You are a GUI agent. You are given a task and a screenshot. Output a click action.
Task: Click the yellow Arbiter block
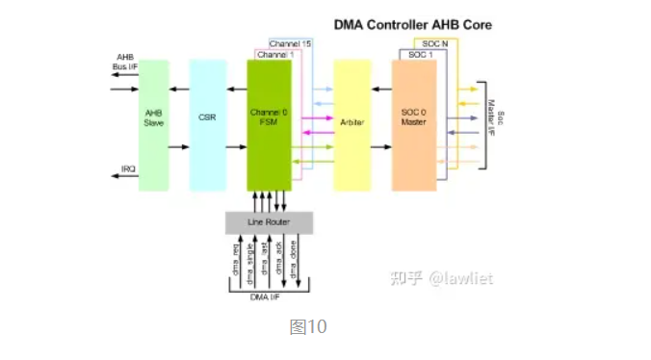point(352,125)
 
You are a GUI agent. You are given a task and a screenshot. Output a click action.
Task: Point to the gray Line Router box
point(269,222)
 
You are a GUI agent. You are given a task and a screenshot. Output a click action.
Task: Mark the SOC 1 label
point(421,55)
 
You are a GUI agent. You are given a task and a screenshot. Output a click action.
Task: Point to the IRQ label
point(127,169)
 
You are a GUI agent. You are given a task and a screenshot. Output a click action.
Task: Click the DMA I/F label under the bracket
point(267,297)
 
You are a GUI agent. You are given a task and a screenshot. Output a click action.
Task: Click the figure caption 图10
point(308,327)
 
